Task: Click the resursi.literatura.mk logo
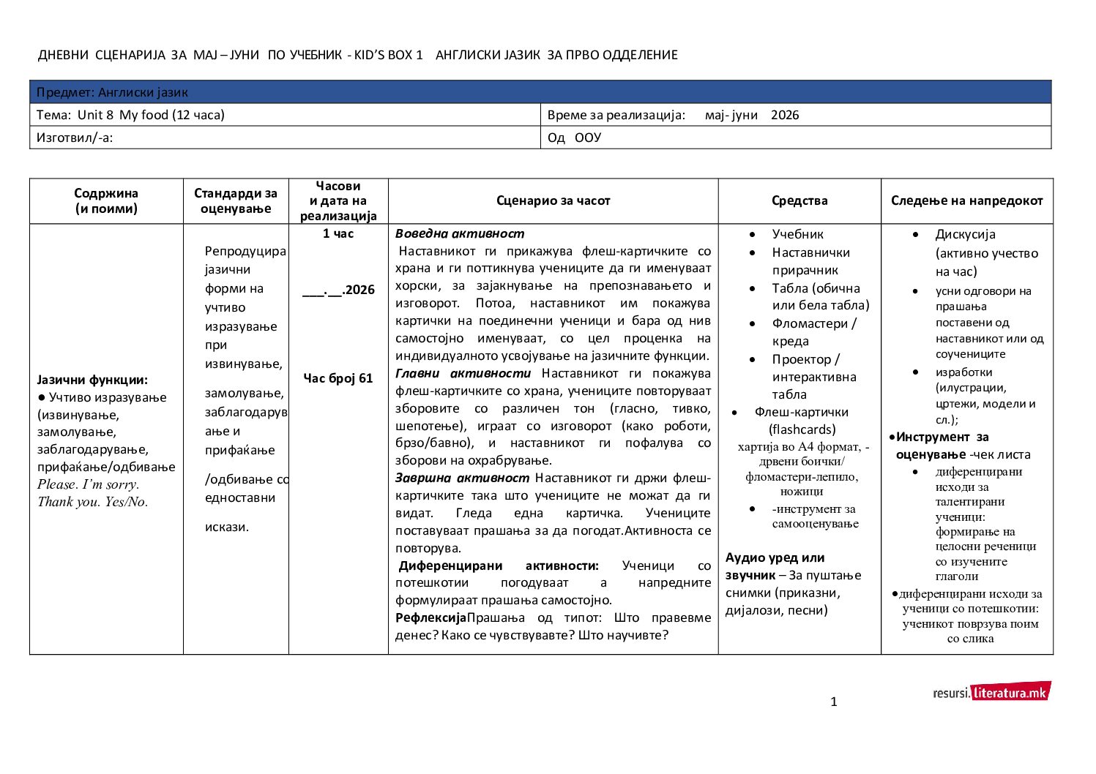[x=991, y=691]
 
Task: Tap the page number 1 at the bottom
[x=834, y=702]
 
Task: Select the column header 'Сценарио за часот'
[x=553, y=200]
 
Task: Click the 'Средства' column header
[x=799, y=200]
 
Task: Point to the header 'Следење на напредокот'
[x=966, y=200]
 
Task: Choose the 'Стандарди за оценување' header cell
[x=236, y=200]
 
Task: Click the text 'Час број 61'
[x=338, y=378]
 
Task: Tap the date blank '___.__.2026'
[x=338, y=290]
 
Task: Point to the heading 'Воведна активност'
[x=460, y=234]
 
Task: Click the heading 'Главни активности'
[x=463, y=374]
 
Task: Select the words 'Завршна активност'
[x=462, y=478]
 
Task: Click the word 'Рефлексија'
[x=430, y=618]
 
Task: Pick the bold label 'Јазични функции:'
[x=92, y=380]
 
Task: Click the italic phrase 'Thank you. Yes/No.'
[x=93, y=502]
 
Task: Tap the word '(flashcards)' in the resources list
[x=802, y=429]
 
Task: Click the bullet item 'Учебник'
[x=797, y=234]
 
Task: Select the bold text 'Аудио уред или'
[x=775, y=557]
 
